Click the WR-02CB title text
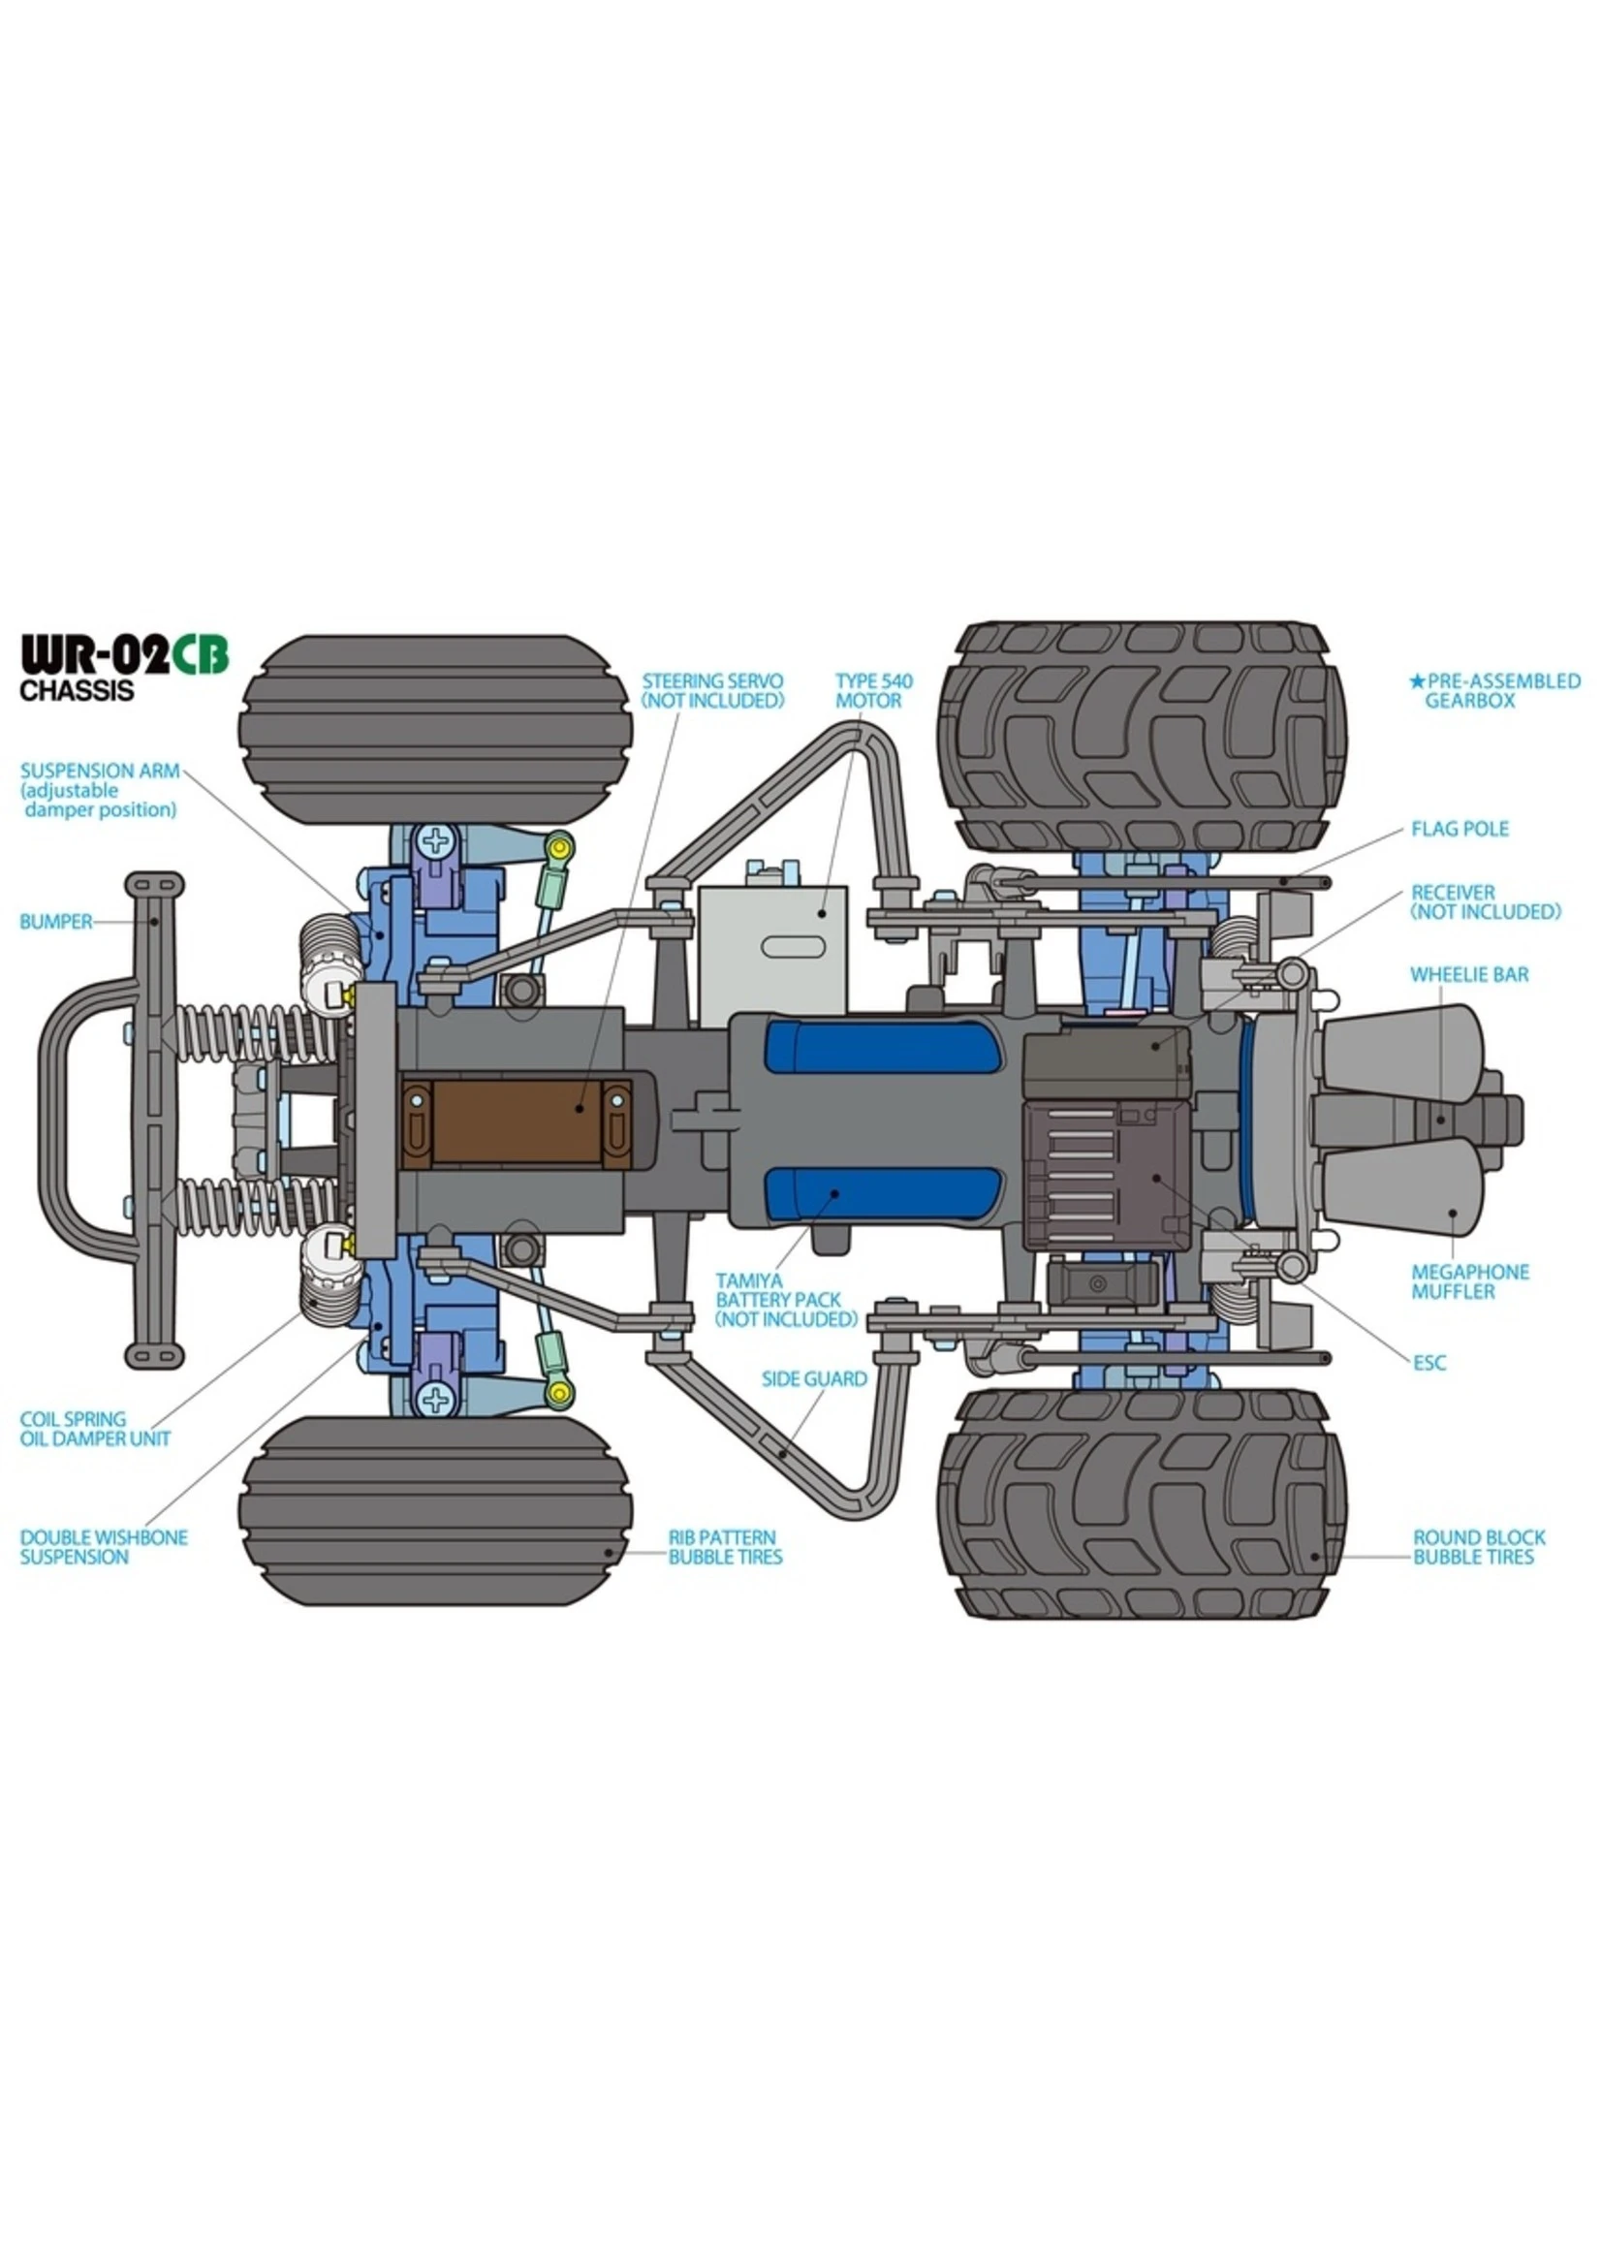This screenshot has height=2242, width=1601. [124, 655]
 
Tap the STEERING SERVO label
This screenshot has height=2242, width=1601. [711, 690]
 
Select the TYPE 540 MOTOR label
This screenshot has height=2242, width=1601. [873, 690]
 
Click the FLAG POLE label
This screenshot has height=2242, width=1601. [1460, 829]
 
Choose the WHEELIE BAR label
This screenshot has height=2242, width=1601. [1469, 974]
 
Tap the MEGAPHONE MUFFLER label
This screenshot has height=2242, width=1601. [1469, 1281]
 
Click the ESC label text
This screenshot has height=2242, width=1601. [1428, 1363]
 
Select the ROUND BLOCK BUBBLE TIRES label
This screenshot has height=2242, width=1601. [1479, 1547]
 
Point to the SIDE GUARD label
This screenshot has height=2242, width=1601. [813, 1378]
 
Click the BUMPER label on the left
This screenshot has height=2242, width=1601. [55, 922]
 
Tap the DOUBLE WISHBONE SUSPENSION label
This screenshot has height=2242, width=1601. [104, 1547]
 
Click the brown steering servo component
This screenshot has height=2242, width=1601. [516, 1120]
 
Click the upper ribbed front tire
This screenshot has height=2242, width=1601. [435, 730]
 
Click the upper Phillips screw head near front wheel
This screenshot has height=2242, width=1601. [435, 841]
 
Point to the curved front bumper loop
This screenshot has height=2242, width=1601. [57, 1119]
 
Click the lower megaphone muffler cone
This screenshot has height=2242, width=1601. [1405, 1195]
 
